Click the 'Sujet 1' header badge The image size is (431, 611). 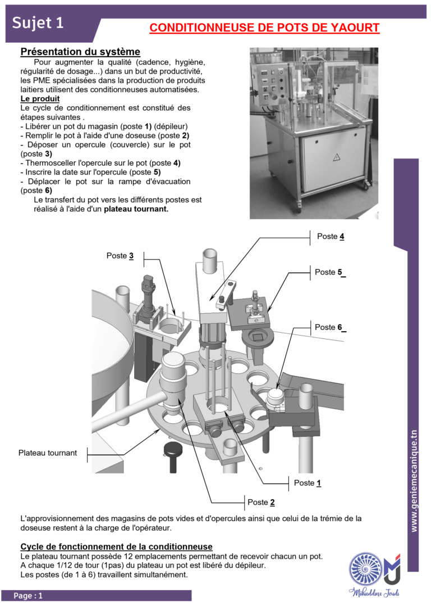pyautogui.click(x=38, y=22)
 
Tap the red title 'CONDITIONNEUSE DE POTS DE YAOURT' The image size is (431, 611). pyautogui.click(x=264, y=28)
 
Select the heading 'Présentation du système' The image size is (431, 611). pyautogui.click(x=80, y=52)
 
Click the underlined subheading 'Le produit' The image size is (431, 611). pyautogui.click(x=40, y=98)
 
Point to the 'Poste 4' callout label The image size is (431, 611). pyautogui.click(x=331, y=236)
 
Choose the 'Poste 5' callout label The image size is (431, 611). pyautogui.click(x=330, y=272)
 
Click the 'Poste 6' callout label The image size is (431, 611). pyautogui.click(x=330, y=327)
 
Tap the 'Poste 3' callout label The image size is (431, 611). pyautogui.click(x=120, y=256)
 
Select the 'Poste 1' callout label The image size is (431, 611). pyautogui.click(x=308, y=483)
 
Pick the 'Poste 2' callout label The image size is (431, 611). pyautogui.click(x=261, y=503)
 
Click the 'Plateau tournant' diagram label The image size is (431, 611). pyautogui.click(x=48, y=453)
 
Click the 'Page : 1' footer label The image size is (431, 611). pyautogui.click(x=28, y=596)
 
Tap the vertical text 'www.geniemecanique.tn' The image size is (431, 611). pyautogui.click(x=414, y=481)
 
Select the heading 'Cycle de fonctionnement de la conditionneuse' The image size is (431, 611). pyautogui.click(x=116, y=547)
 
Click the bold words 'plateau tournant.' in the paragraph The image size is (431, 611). pyautogui.click(x=136, y=209)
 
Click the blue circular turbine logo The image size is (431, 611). pyautogui.click(x=365, y=569)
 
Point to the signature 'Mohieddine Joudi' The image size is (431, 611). pyautogui.click(x=374, y=592)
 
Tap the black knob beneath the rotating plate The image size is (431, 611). pyautogui.click(x=173, y=456)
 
